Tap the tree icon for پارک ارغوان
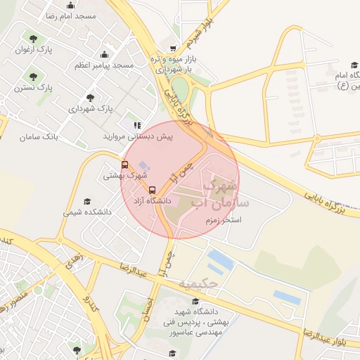[x=33, y=37]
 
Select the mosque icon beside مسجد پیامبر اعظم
[x=104, y=54]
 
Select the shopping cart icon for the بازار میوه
[x=173, y=49]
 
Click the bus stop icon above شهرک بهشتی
[x=125, y=165]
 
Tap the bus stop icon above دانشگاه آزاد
[x=152, y=190]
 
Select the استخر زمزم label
[x=220, y=220]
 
